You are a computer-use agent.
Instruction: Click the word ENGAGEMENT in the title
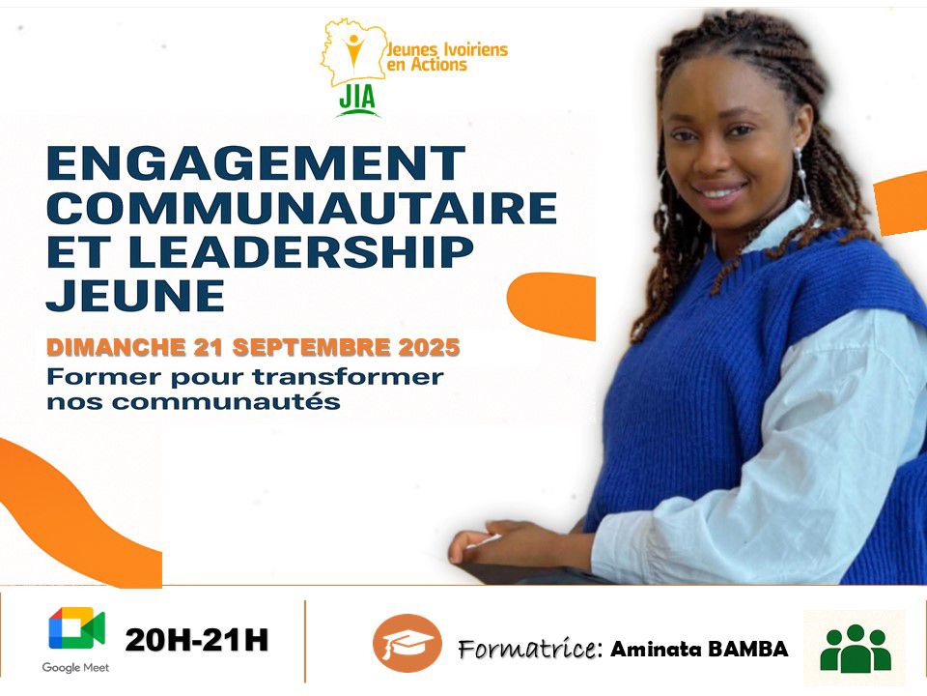point(255,164)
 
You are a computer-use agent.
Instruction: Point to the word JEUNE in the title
point(135,295)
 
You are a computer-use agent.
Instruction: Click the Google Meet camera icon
point(75,631)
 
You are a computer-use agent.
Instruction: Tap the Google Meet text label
point(75,667)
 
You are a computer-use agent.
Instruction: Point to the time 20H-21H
point(196,640)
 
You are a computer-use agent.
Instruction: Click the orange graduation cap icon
point(407,643)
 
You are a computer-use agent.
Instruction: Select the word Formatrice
point(525,649)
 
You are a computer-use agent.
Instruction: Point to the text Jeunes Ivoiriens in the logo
point(447,49)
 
